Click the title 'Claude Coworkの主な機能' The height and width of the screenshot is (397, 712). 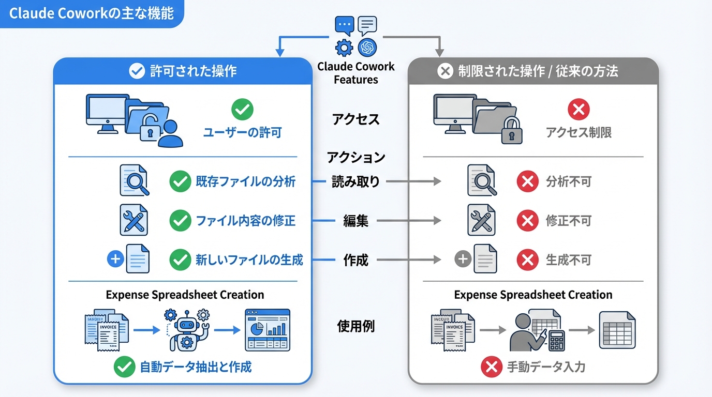tap(91, 13)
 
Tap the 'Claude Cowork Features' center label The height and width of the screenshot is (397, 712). tap(356, 73)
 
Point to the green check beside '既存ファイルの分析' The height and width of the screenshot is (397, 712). tap(180, 182)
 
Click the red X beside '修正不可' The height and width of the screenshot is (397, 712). tap(527, 221)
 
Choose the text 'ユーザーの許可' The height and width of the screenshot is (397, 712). tap(242, 133)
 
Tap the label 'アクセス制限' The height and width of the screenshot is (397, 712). tap(578, 133)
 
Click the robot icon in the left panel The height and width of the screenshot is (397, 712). tap(186, 330)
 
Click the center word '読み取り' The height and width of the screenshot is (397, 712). tap(356, 182)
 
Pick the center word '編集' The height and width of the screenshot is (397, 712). tap(356, 221)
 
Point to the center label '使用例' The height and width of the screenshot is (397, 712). tap(356, 327)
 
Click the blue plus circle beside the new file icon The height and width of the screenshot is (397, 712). tap(115, 259)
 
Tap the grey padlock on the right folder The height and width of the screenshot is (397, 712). tap(512, 131)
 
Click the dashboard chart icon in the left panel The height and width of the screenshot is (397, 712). tap(267, 330)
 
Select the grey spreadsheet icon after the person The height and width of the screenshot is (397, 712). tap(617, 330)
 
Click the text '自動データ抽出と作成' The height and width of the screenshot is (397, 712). tap(196, 367)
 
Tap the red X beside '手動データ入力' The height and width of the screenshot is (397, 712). tap(491, 367)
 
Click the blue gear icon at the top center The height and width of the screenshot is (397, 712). tap(344, 48)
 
